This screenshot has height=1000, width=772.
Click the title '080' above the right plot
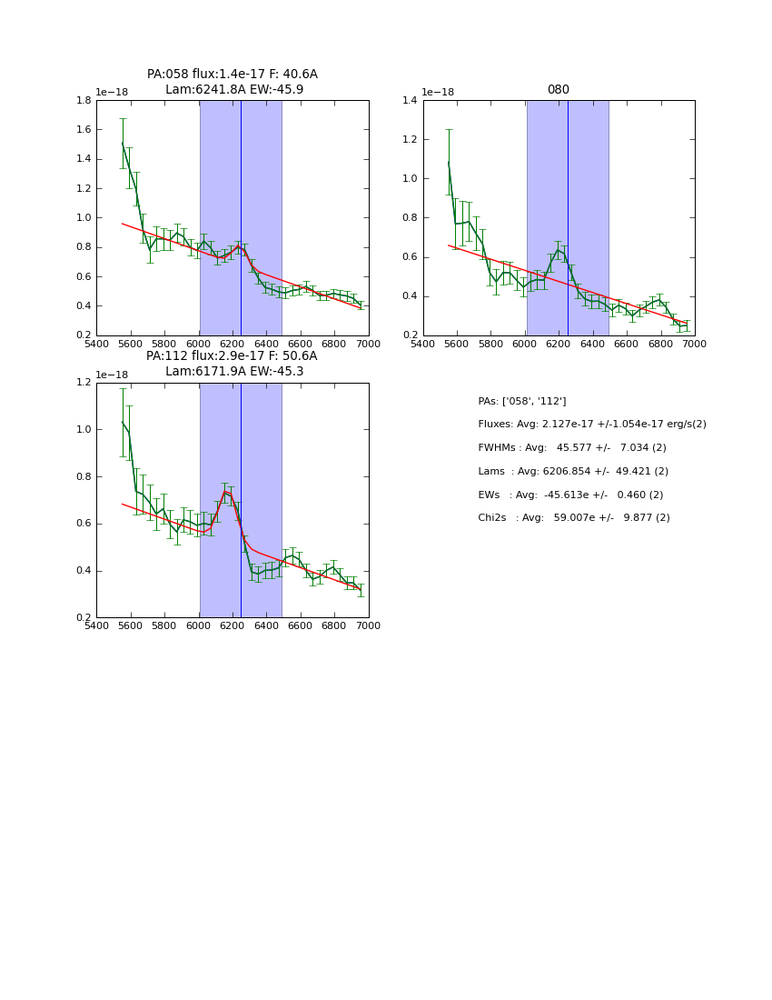(558, 90)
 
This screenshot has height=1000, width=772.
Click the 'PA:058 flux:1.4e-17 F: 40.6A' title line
(233, 75)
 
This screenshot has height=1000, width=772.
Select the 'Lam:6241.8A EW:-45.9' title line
(234, 90)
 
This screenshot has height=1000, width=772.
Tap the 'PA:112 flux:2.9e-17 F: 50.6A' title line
(232, 356)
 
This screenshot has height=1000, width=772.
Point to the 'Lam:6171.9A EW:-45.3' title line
(234, 372)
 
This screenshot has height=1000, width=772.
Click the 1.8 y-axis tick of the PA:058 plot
(84, 101)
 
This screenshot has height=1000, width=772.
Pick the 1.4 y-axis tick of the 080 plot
(411, 101)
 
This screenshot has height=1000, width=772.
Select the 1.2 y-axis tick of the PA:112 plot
(84, 383)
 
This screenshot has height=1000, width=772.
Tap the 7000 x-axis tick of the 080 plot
(695, 344)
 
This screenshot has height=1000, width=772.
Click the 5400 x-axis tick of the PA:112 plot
(96, 625)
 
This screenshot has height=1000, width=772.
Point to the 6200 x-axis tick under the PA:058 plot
(233, 344)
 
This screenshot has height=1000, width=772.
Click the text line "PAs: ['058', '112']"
(522, 401)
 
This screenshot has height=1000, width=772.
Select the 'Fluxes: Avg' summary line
(592, 425)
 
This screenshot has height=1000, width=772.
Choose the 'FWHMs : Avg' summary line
(572, 448)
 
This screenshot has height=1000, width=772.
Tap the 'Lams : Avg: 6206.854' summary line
(573, 472)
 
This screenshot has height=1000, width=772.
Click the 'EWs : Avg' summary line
(570, 495)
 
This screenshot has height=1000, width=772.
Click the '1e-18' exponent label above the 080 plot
(438, 93)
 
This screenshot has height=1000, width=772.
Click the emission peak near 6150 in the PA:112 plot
(225, 491)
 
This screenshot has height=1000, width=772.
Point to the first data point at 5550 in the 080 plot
(449, 163)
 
